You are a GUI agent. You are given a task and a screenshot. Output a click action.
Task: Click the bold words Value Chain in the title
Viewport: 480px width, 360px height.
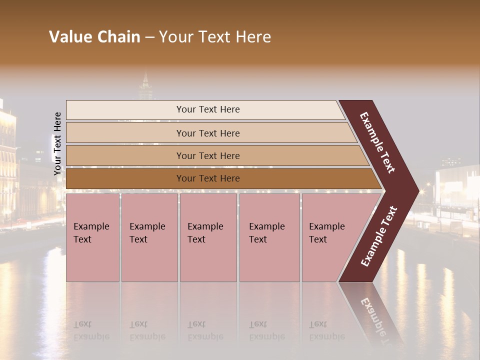click(x=94, y=37)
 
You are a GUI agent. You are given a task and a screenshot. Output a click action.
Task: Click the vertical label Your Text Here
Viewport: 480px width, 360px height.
click(x=57, y=143)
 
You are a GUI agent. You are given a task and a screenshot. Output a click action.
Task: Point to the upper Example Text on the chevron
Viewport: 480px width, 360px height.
click(x=377, y=142)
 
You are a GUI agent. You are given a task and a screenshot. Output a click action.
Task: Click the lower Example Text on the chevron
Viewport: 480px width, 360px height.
click(x=379, y=236)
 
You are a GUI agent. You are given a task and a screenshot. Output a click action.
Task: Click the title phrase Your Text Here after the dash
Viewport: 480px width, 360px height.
click(x=215, y=37)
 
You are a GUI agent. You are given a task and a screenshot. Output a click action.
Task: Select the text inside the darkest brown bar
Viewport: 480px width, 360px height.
click(x=208, y=178)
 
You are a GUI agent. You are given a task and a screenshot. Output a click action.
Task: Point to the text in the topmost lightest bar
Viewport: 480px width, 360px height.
click(x=208, y=109)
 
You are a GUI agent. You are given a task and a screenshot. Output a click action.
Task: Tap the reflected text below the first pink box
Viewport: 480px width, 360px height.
click(x=91, y=330)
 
